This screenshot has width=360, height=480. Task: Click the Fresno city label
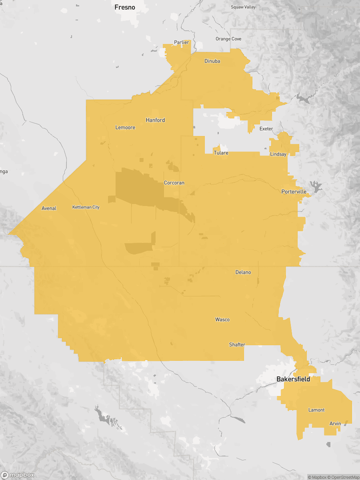[x=125, y=7]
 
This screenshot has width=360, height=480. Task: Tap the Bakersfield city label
[x=293, y=379]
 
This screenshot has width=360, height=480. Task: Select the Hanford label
[x=155, y=120]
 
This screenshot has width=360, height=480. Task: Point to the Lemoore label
[x=125, y=128]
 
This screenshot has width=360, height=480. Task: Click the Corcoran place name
[x=174, y=183]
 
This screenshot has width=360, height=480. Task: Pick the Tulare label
[x=221, y=153]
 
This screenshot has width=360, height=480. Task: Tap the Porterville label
[x=294, y=192]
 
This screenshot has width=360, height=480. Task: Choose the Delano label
[x=243, y=272]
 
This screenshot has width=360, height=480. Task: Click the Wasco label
[x=222, y=320]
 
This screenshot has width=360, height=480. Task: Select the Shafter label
[x=237, y=344]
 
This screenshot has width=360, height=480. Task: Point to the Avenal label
[x=49, y=208]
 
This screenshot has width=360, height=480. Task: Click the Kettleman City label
[x=86, y=207]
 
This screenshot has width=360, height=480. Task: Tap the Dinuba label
[x=212, y=61]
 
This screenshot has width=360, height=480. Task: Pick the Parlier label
[x=181, y=42]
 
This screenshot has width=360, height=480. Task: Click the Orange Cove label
[x=228, y=39]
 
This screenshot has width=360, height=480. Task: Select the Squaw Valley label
[x=243, y=7]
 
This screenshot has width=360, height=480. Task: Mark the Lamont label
[x=316, y=410]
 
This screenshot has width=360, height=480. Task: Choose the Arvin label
[x=335, y=424]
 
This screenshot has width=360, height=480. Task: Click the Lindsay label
[x=278, y=154]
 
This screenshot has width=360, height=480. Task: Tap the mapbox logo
[x=18, y=475]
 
